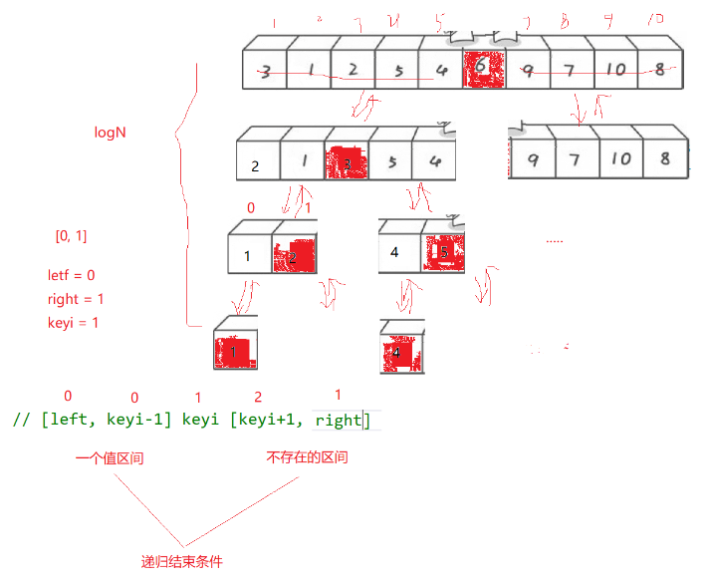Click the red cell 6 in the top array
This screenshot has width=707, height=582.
click(484, 70)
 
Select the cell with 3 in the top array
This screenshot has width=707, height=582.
click(265, 71)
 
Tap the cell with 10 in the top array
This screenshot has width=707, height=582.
click(615, 70)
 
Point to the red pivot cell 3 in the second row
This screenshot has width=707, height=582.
click(347, 161)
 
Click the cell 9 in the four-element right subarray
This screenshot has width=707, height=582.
click(533, 158)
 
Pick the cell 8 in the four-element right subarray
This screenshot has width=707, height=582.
click(664, 158)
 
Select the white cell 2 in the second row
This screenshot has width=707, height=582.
click(256, 164)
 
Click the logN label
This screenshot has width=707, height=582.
click(110, 132)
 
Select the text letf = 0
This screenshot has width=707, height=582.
click(71, 275)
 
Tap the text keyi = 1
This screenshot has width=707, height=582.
click(73, 323)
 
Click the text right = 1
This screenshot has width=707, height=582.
click(75, 299)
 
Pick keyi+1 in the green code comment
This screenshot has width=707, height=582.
click(267, 420)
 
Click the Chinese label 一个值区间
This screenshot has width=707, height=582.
click(116, 459)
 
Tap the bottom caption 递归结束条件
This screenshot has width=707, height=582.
click(182, 561)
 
